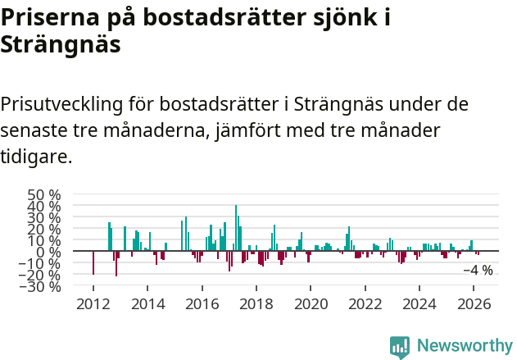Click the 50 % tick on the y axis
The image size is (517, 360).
[44, 195]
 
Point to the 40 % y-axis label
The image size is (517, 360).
[44, 207]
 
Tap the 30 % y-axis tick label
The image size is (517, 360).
[44, 218]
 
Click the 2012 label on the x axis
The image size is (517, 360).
[93, 303]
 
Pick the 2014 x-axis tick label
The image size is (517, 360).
[147, 303]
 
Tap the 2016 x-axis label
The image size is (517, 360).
[202, 303]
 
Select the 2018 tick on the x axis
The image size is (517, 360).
[256, 303]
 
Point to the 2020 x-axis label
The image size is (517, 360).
[311, 303]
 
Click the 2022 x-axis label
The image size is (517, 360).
[365, 303]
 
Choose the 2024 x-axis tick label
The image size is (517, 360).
[419, 303]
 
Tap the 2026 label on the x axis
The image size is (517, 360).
[474, 303]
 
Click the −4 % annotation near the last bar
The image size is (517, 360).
[478, 271]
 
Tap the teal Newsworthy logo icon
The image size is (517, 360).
[400, 347]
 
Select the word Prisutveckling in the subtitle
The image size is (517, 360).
[61, 105]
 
